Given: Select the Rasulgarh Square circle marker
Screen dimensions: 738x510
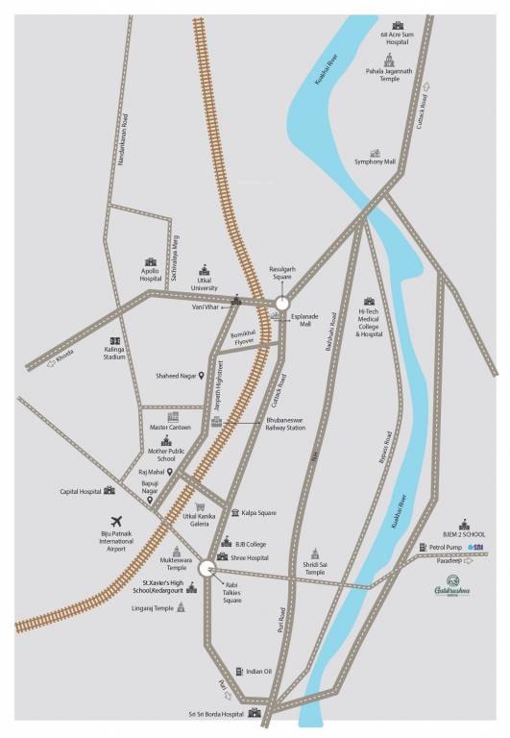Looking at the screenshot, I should (x=279, y=298).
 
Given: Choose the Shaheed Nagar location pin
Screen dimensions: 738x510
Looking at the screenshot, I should (x=202, y=376).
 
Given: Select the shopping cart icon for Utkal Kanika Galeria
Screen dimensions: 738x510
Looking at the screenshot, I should (x=200, y=506).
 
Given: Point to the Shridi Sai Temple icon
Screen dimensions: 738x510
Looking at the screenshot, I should (x=314, y=553).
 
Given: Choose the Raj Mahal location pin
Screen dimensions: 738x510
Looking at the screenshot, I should (x=169, y=473).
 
